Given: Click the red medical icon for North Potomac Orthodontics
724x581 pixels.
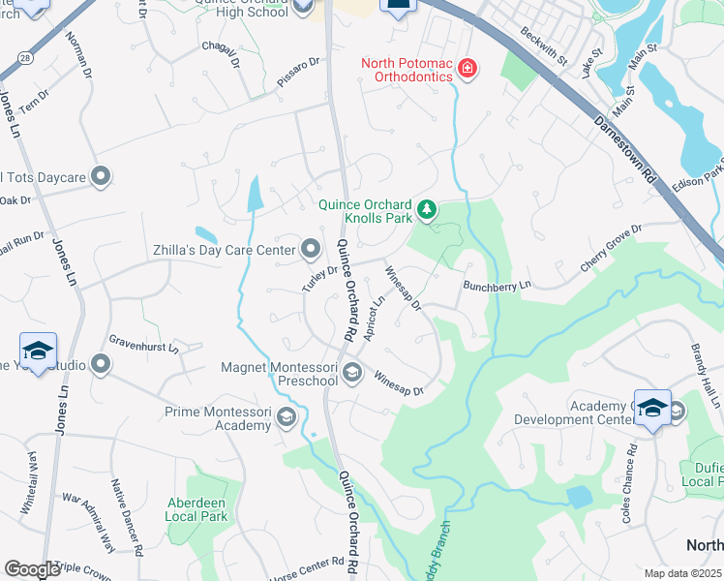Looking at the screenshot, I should tap(468, 69).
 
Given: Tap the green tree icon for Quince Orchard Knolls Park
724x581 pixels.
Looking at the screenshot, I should tap(426, 209).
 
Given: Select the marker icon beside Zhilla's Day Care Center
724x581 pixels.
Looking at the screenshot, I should tap(311, 250).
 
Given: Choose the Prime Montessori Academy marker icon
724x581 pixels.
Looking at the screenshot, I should tap(286, 417).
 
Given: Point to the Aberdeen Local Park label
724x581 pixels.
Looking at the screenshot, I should tap(210, 509).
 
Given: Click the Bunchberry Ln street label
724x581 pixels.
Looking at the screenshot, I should tap(498, 287).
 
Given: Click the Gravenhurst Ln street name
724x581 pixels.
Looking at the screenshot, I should tap(143, 343).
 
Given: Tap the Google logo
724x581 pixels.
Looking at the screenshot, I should tap(32, 569).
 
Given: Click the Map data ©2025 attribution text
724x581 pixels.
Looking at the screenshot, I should tap(682, 573).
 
